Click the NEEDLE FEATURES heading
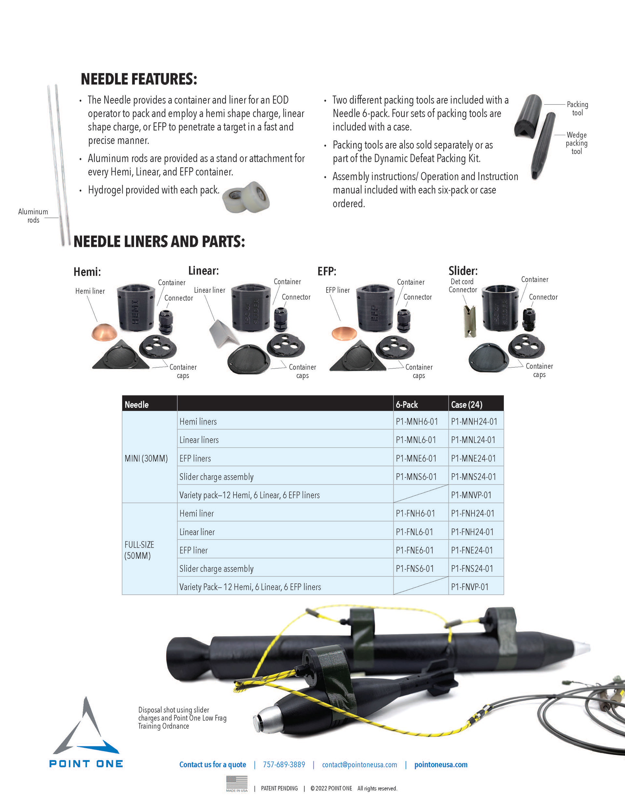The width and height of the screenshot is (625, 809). pos(139,79)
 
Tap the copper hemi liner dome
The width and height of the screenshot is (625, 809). pos(104,332)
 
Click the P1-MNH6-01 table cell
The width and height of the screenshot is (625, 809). pos(417,421)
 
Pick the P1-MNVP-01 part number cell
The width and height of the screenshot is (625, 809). pos(471,495)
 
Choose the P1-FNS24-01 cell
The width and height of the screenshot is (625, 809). pos(472,568)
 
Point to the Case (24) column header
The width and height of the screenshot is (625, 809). pos(466,404)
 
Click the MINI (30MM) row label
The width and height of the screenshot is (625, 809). pos(146,459)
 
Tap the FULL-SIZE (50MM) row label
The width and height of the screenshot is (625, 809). pos(139,550)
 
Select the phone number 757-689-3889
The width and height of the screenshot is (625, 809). pos(284,765)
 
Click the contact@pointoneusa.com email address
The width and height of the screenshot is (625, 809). pos(359,765)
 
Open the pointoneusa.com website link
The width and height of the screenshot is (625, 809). pos(441,765)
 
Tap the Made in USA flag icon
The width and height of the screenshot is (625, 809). pos(237,784)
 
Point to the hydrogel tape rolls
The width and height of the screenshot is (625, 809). pos(246,197)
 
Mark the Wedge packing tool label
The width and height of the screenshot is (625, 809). pos(576,143)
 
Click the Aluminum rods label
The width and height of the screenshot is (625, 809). pos(33,216)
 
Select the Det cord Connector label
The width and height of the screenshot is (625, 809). pos(463,286)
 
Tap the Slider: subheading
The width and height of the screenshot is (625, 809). pos(463,271)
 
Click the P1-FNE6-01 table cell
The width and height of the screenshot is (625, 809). pos(414,550)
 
